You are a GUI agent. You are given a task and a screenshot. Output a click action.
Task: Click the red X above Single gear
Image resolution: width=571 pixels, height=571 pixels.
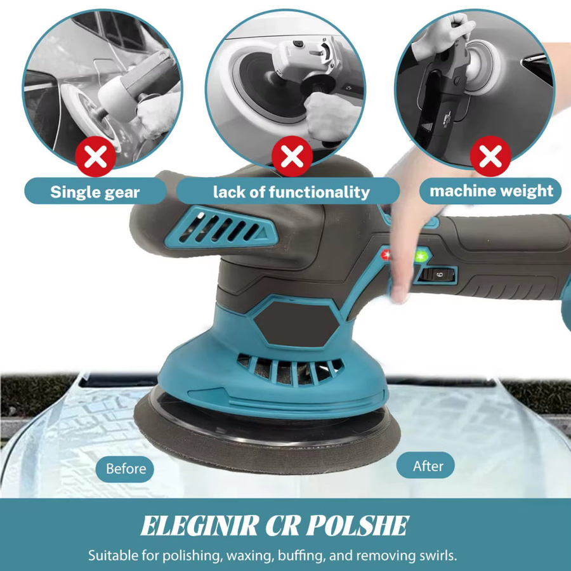[95, 157]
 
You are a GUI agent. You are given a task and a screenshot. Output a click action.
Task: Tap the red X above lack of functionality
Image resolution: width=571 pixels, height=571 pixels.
[292, 156]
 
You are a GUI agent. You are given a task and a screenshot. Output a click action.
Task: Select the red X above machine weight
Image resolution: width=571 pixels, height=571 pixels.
[490, 156]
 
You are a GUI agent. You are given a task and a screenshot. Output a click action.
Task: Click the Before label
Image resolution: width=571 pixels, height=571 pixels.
[125, 469]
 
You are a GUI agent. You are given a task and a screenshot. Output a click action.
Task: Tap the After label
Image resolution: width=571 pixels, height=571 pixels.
[426, 466]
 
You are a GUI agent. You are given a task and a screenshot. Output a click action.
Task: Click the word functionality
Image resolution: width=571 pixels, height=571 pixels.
[320, 192]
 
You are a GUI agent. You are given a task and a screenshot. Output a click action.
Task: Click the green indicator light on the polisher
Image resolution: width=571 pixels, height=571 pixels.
[421, 256]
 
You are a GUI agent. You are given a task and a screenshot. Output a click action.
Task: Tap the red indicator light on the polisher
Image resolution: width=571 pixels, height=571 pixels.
[386, 254]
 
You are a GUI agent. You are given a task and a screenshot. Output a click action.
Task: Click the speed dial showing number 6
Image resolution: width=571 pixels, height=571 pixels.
[438, 275]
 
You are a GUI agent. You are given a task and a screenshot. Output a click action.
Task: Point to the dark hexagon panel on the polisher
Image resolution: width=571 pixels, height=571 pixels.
[297, 324]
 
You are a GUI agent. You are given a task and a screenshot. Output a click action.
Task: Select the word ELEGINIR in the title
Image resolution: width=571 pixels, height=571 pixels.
[200, 526]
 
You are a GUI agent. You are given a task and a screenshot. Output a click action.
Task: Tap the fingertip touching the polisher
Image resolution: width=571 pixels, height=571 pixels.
[399, 295]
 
